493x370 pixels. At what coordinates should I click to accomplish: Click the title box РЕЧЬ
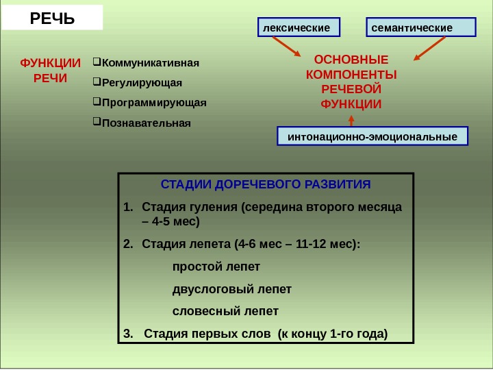tap(52, 17)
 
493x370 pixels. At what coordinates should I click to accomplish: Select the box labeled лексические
tap(299, 27)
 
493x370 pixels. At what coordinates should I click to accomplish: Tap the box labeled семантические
tap(421, 27)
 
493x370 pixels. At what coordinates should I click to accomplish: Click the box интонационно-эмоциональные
tap(372, 136)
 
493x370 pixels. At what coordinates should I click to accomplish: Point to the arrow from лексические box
tap(285, 47)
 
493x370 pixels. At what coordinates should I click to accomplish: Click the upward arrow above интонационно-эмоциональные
tap(351, 119)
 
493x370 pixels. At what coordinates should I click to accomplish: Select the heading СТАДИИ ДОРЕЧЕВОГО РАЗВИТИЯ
tap(266, 185)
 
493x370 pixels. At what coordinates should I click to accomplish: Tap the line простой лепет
tap(216, 266)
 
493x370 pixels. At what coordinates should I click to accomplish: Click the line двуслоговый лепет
tap(231, 288)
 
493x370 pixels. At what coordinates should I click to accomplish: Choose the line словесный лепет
tap(225, 311)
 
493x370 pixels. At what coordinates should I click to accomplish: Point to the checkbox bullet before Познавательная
tap(95, 123)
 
